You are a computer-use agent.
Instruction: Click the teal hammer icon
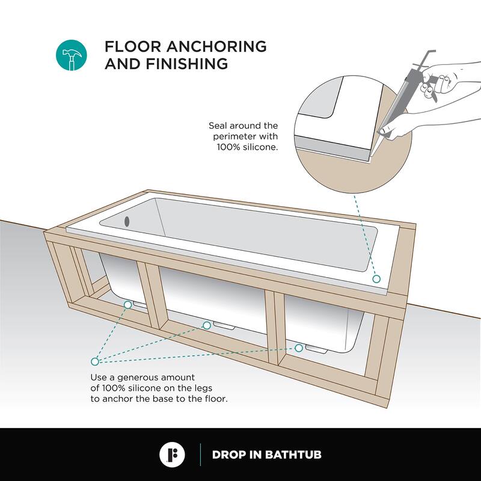(x=72, y=55)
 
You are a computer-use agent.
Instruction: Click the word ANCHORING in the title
(x=216, y=47)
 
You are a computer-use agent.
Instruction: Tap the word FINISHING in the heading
(x=187, y=64)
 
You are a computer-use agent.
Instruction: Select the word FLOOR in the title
(x=133, y=47)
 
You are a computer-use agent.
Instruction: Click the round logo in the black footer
(x=172, y=455)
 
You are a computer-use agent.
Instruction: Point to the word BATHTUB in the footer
(x=293, y=455)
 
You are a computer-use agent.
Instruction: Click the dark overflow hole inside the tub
(x=127, y=221)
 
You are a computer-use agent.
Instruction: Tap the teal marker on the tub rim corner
(x=376, y=279)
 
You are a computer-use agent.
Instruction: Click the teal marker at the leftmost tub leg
(x=128, y=305)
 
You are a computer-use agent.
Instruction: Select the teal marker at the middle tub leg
(x=207, y=325)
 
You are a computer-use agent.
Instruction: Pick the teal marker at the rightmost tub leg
(x=299, y=348)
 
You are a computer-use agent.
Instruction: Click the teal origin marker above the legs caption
(x=95, y=361)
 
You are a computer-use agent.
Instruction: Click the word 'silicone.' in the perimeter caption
(x=260, y=147)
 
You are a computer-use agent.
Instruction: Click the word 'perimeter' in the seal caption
(x=236, y=136)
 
